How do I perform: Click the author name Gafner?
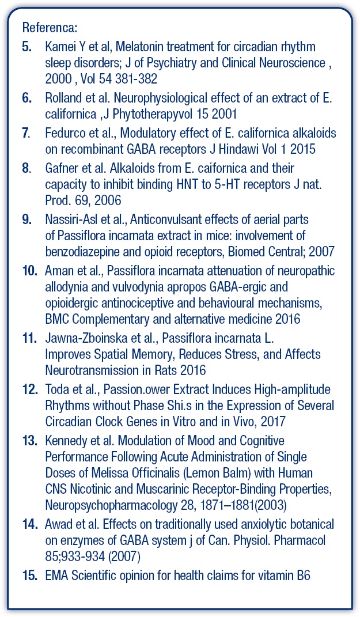61,169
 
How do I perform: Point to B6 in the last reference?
304,576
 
